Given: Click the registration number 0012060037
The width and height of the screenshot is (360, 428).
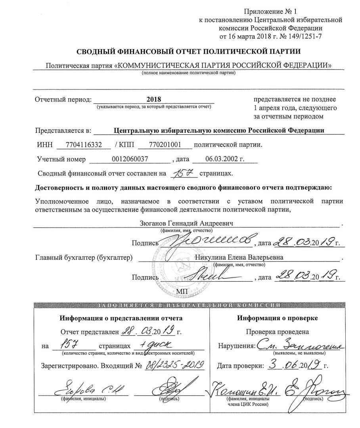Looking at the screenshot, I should click(130, 159).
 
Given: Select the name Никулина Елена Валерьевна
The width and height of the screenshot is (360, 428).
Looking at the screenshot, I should click(239, 258).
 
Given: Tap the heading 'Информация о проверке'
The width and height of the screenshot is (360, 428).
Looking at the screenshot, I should click(277, 318).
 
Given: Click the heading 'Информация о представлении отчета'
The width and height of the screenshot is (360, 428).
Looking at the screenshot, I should click(121, 318).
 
